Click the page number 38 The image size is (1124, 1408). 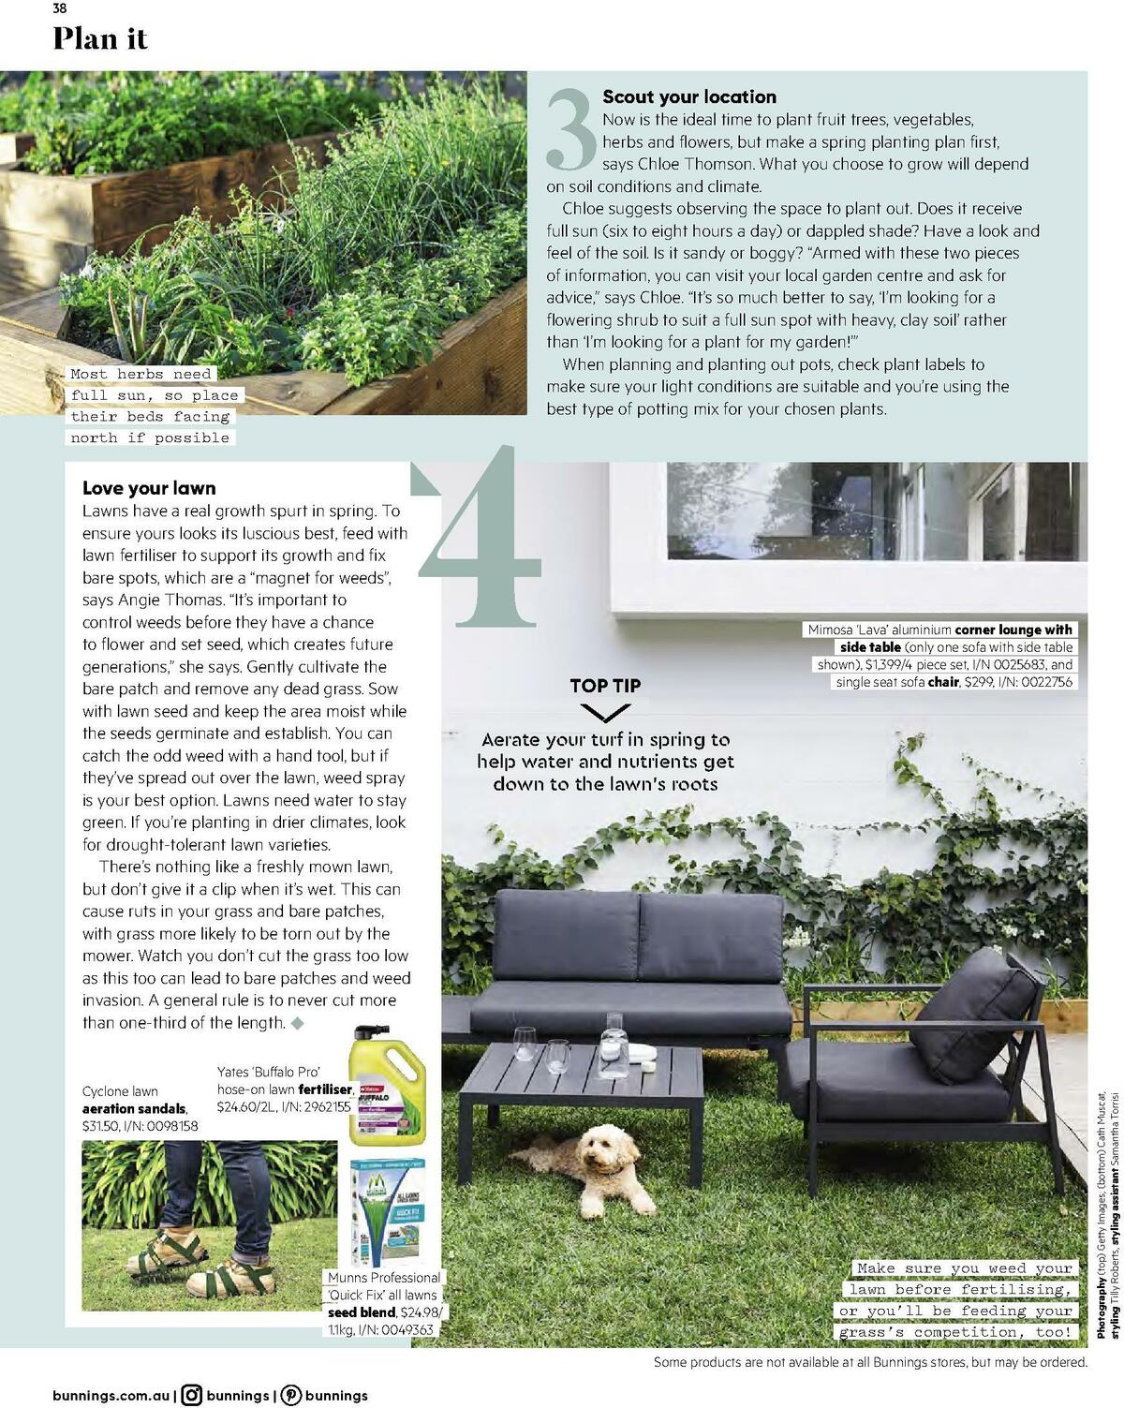[59, 9]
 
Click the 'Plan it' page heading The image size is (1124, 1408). [100, 39]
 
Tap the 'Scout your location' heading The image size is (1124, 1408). [688, 96]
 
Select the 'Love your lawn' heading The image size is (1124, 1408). [149, 487]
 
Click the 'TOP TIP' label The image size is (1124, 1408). [605, 686]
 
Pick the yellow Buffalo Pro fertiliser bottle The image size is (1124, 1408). [387, 1084]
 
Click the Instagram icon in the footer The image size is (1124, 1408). [192, 1395]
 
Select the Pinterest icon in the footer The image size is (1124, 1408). [291, 1395]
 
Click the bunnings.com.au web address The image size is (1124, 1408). [112, 1395]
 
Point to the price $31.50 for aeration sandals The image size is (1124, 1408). [103, 1125]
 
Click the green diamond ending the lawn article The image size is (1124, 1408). [298, 1023]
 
